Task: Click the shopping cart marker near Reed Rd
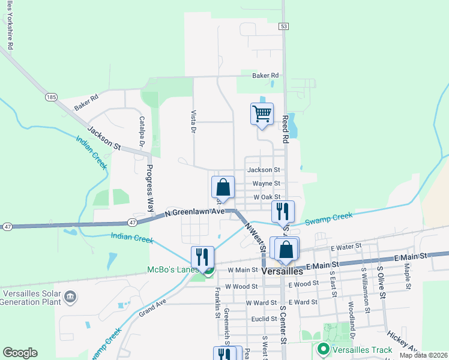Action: click(x=262, y=113)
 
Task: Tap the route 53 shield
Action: click(x=284, y=26)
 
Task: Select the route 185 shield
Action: click(x=50, y=96)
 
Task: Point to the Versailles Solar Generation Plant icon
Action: click(x=70, y=296)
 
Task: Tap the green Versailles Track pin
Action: click(x=323, y=349)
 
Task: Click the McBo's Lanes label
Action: click(x=172, y=270)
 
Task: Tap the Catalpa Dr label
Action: click(x=142, y=131)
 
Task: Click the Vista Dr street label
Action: click(x=193, y=121)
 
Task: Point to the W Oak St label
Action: click(x=267, y=196)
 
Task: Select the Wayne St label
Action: click(x=266, y=183)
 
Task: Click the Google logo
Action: click(x=20, y=352)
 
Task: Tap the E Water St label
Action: click(x=346, y=246)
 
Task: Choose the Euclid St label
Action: click(x=264, y=319)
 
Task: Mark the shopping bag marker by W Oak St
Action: click(x=223, y=187)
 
